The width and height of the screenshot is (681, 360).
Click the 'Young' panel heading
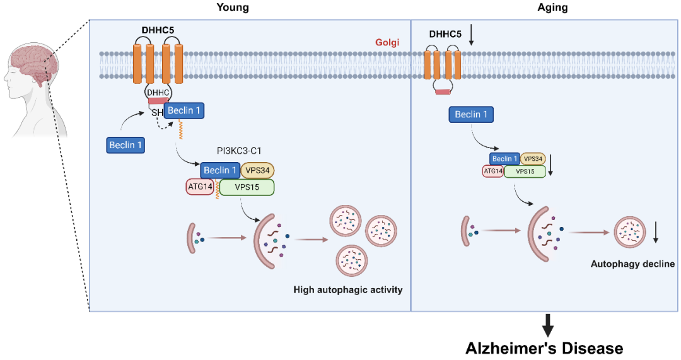pyautogui.click(x=233, y=8)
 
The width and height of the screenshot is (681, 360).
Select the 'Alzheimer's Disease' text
pyautogui.click(x=544, y=348)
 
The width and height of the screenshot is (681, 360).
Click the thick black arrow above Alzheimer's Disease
pyautogui.click(x=548, y=325)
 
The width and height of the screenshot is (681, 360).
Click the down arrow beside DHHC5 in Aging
pyautogui.click(x=471, y=37)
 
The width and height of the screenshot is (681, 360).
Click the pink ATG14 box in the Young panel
pyautogui.click(x=201, y=187)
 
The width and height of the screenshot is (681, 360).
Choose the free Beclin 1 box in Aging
pyautogui.click(x=471, y=114)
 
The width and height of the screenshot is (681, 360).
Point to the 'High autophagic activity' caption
pyautogui.click(x=347, y=290)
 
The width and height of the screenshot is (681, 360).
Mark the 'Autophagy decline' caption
pyautogui.click(x=632, y=264)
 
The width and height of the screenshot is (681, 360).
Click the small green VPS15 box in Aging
pyautogui.click(x=525, y=170)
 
